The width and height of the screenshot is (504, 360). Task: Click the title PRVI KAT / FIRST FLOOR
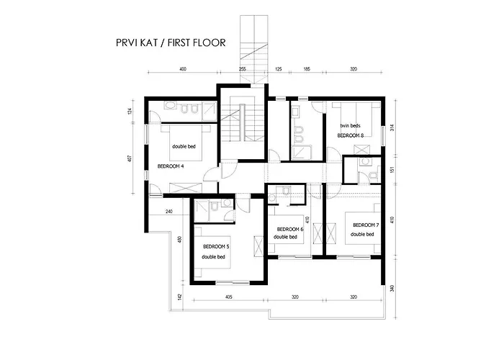coord(171,42)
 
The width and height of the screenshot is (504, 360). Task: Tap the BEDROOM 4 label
coord(171,166)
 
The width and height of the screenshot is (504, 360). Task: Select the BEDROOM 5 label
coord(216,246)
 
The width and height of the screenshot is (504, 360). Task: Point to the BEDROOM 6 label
coord(290,229)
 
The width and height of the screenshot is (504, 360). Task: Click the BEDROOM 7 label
coord(366,225)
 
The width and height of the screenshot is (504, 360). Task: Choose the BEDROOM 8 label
coord(351,135)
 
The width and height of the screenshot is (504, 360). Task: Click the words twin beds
coord(351,126)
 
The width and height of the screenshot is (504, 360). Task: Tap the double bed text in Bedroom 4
coord(184,147)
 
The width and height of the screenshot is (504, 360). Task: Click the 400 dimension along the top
coord(183,69)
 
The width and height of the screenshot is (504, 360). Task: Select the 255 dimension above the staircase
coord(243,69)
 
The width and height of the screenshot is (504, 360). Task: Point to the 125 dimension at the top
coord(279,69)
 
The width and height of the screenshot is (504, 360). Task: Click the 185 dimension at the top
coord(307,69)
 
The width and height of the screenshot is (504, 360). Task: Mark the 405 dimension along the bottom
coord(228,297)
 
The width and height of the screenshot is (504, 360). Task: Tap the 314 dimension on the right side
coord(392,127)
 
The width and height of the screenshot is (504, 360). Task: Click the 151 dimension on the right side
coord(392,169)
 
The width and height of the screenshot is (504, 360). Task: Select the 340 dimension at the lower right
coord(392,288)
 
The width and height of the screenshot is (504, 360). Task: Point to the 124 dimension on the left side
coord(130,111)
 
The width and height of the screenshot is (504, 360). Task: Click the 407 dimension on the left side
coord(130,158)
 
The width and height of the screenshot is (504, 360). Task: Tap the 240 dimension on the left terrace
coord(168,212)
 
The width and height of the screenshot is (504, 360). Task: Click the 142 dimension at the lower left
coord(180,297)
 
